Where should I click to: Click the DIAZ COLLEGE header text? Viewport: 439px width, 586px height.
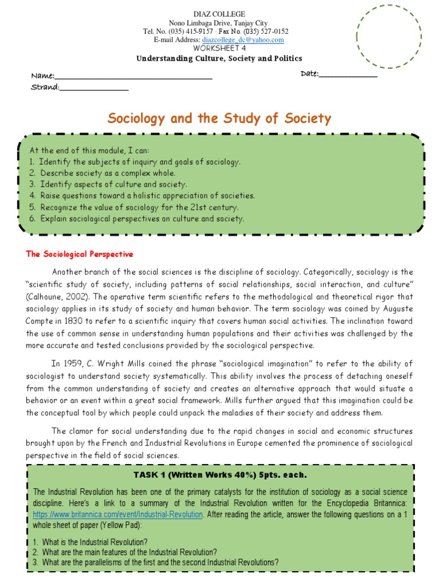tap(219, 14)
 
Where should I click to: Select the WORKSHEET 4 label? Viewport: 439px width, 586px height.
tap(219, 49)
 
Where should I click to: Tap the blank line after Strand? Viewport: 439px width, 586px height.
tap(94, 88)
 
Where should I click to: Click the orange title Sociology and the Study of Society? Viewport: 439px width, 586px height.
tap(219, 118)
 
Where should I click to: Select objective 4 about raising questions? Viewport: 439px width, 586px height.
tap(142, 196)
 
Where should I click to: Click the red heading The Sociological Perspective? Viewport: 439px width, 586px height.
tap(79, 254)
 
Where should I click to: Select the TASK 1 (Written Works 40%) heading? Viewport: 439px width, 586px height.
tap(220, 475)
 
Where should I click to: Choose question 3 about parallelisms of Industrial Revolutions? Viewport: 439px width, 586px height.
tap(156, 562)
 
